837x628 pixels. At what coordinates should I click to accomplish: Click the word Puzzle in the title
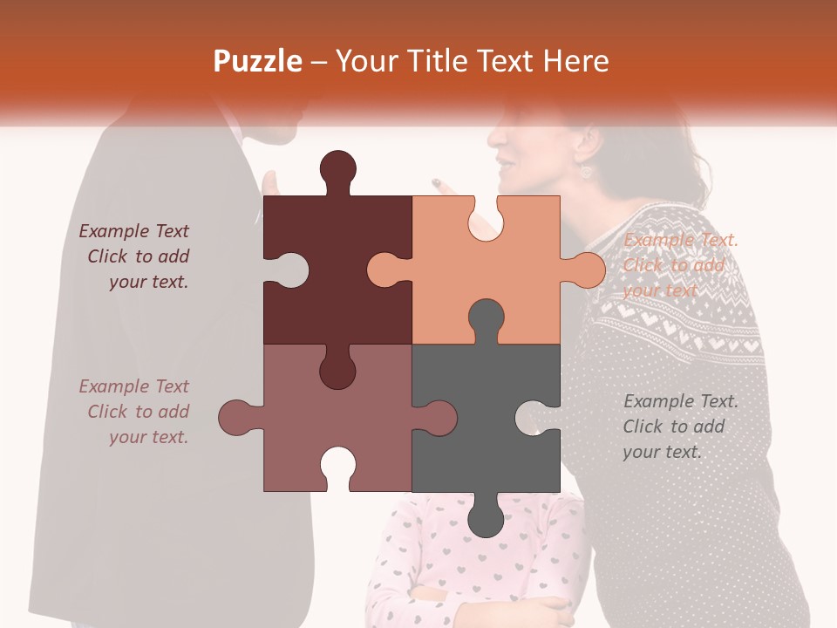[x=258, y=62]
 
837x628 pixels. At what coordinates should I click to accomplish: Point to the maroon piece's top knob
[x=338, y=171]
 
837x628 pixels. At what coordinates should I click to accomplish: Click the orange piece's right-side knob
[x=583, y=270]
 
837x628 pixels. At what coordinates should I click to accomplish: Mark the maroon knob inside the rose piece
[x=338, y=367]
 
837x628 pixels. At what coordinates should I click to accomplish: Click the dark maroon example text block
[x=134, y=256]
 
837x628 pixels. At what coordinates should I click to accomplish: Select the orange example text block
[x=681, y=265]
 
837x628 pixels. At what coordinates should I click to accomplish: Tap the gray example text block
[x=681, y=427]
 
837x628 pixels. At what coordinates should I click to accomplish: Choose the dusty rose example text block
[x=134, y=412]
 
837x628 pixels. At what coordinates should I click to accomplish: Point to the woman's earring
[x=586, y=171]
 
